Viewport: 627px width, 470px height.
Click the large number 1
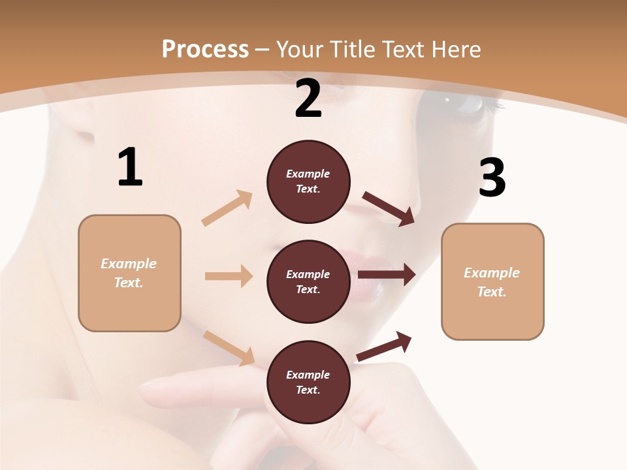coord(130,167)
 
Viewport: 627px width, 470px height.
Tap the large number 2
coord(308,99)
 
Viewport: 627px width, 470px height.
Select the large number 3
coord(492,178)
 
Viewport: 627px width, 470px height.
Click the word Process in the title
coord(205,49)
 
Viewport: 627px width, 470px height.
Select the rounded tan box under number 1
coord(129,273)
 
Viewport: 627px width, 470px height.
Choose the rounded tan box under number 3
coord(492,281)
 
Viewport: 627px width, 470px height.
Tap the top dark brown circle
coord(308,181)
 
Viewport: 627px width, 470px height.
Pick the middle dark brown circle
coord(308,281)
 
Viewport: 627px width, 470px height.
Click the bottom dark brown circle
coord(308,382)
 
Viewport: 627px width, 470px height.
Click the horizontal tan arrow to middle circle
coord(229,276)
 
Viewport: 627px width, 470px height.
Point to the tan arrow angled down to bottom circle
coord(229,348)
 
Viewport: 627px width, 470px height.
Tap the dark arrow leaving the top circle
coord(389,208)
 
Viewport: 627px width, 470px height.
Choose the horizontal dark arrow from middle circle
coord(387,275)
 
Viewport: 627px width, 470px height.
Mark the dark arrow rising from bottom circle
coord(384,346)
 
